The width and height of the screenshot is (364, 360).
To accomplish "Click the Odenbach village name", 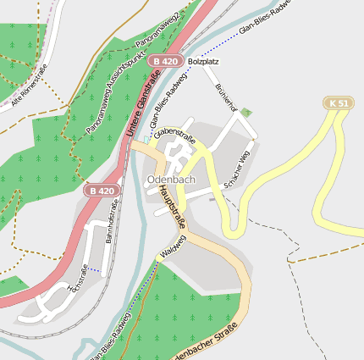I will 171,180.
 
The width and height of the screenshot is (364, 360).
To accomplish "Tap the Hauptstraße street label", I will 170,208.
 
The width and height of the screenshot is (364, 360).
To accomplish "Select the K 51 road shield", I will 339,103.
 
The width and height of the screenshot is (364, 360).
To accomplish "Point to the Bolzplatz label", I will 203,62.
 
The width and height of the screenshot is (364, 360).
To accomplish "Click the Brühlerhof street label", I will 225,99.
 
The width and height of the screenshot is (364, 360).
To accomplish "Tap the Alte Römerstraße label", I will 30,88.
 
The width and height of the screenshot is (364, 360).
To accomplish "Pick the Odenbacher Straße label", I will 204,347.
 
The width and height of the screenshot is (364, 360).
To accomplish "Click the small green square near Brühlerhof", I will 245,112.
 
